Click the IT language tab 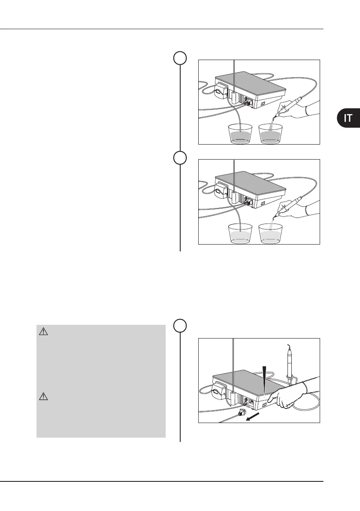point(348,118)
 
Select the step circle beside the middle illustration point(180,159)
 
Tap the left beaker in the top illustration point(240,133)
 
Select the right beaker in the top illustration point(270,133)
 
